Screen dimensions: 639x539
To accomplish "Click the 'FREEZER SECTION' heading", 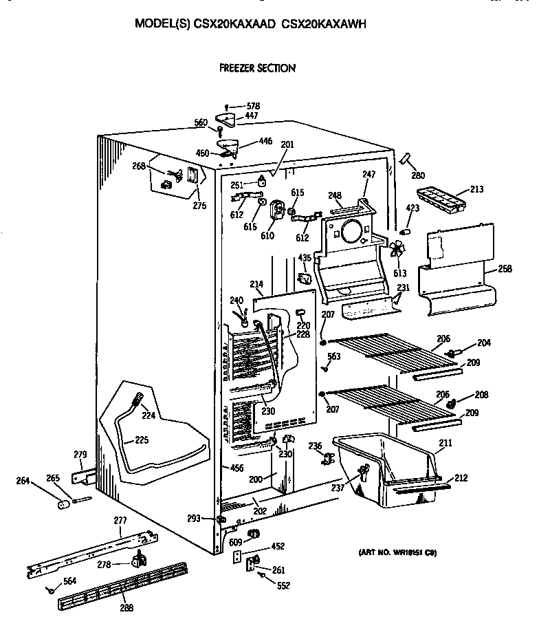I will click(257, 68).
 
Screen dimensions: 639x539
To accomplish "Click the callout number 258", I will click(505, 269).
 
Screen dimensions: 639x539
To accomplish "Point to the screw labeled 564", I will click(51, 590).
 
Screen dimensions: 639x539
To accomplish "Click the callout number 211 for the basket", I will click(445, 444).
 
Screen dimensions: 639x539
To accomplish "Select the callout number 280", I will click(417, 175).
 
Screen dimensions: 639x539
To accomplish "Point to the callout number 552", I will click(283, 586).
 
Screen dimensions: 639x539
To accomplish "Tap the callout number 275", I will click(199, 204).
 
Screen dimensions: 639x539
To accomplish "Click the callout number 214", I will click(256, 284).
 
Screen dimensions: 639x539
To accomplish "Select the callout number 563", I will click(334, 356).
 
